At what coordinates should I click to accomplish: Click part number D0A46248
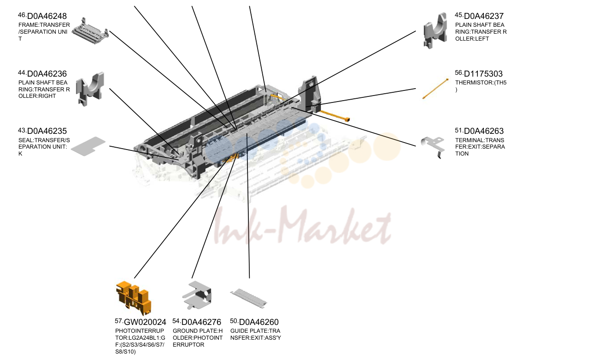tap(47, 16)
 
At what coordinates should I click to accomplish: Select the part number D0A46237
tap(484, 16)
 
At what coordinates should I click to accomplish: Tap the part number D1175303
tap(483, 73)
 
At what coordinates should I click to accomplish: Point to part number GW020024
tap(145, 322)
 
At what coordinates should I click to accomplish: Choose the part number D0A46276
tap(201, 322)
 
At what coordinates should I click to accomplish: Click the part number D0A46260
tap(259, 322)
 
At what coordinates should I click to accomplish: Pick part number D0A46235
tap(47, 131)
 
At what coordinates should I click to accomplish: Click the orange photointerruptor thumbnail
tap(133, 298)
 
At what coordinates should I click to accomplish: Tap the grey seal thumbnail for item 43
tap(88, 146)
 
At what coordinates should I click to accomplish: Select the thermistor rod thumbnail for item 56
tap(435, 89)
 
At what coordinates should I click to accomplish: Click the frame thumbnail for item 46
tap(90, 31)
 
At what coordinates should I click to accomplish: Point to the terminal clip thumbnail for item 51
tap(433, 147)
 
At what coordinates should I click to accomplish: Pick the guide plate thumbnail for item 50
tap(249, 298)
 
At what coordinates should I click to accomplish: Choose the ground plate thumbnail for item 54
tap(197, 295)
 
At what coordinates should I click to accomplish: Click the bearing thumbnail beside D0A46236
tap(90, 89)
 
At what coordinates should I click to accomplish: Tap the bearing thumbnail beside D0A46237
tap(435, 30)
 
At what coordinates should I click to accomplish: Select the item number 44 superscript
tap(22, 73)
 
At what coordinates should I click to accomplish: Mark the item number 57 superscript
tap(119, 321)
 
